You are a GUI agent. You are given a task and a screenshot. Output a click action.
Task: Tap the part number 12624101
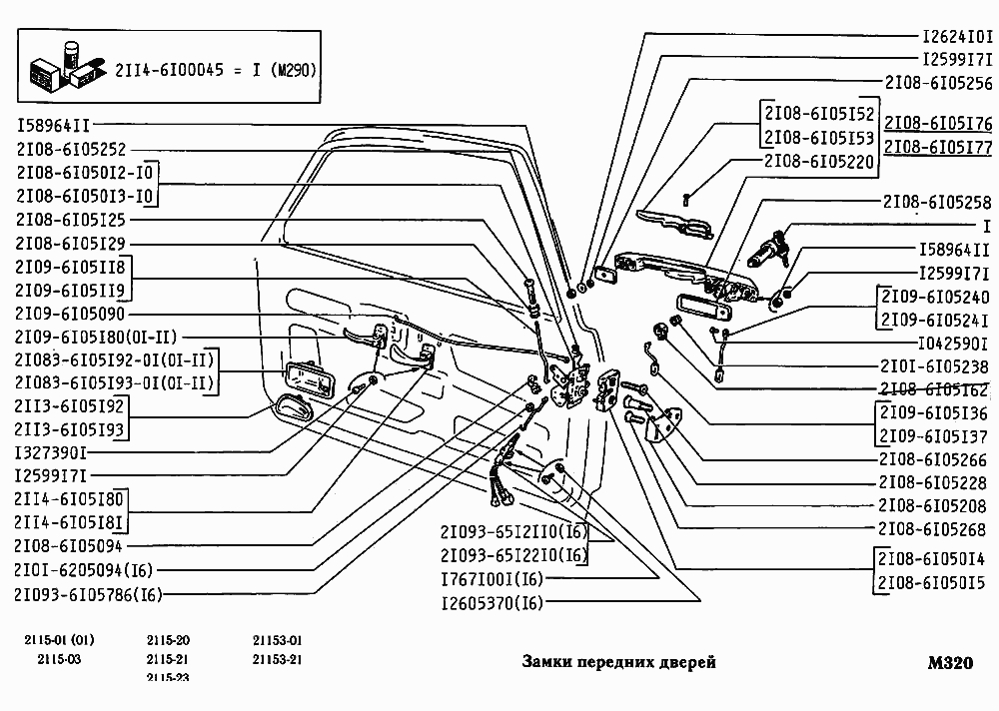pyautogui.click(x=956, y=34)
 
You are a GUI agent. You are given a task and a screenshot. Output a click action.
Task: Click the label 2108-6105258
pyautogui.click(x=937, y=202)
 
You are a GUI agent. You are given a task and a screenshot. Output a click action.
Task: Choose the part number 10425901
pyautogui.click(x=954, y=343)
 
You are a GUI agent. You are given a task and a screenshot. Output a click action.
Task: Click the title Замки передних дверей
pyautogui.click(x=619, y=663)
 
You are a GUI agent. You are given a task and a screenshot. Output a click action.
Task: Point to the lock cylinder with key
pyautogui.click(x=773, y=244)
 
